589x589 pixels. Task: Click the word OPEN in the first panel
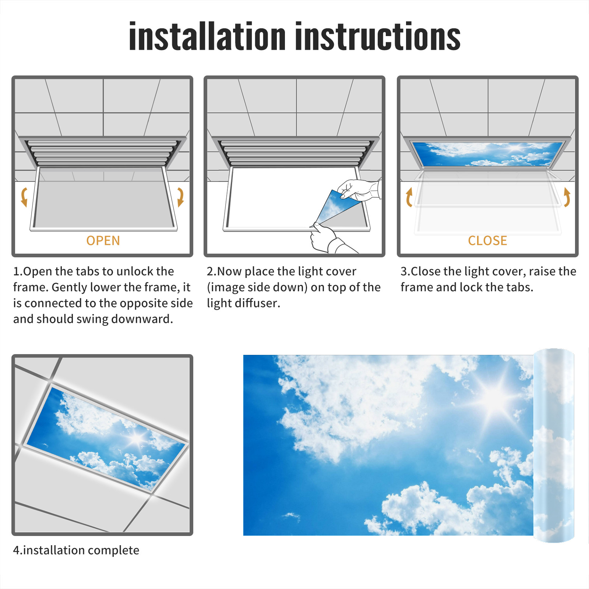(103, 241)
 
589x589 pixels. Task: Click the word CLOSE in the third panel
(487, 241)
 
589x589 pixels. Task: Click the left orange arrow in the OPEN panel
(24, 197)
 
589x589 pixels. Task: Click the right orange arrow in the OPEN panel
(180, 197)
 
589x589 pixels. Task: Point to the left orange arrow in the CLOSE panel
(409, 197)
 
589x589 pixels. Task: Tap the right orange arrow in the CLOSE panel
(567, 197)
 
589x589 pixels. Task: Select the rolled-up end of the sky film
(554, 445)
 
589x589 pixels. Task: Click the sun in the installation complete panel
(137, 438)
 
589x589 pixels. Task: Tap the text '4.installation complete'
(76, 550)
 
